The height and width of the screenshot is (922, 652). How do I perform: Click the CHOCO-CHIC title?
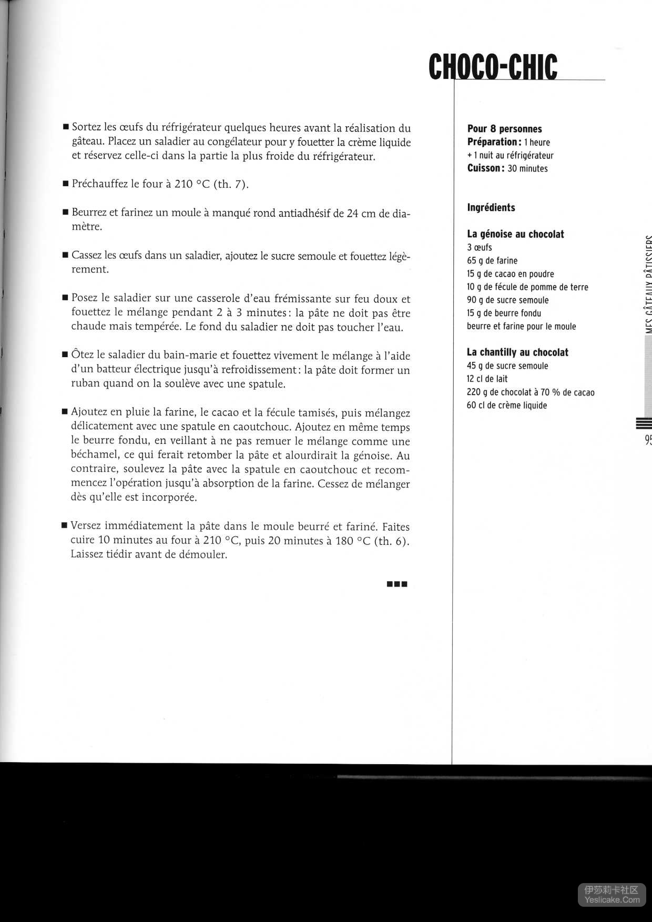[x=493, y=67]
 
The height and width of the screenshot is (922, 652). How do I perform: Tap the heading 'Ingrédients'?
[x=491, y=207]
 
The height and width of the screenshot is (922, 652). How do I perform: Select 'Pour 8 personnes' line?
[x=504, y=129]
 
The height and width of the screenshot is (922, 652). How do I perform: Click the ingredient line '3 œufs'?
[x=479, y=247]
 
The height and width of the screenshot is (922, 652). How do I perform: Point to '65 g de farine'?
[x=492, y=260]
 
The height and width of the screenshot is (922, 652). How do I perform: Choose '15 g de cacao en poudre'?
[x=510, y=273]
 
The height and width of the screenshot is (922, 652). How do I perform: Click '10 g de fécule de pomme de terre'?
[x=527, y=287]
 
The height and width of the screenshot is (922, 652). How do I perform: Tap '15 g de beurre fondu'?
[x=503, y=313]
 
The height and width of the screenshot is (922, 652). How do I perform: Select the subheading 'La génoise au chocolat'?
[x=515, y=234]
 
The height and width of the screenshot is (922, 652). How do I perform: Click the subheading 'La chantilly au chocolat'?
[x=517, y=352]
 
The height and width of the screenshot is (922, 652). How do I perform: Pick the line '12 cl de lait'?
[x=487, y=379]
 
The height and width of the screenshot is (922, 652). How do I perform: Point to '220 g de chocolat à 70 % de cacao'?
[x=530, y=392]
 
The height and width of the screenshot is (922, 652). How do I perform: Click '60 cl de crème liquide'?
[x=506, y=406]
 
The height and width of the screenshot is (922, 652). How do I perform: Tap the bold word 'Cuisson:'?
[x=486, y=168]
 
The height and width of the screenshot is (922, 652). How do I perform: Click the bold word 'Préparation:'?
[x=494, y=142]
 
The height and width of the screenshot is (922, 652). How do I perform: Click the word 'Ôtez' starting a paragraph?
[x=83, y=356]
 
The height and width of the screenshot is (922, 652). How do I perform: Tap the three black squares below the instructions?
[x=397, y=584]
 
